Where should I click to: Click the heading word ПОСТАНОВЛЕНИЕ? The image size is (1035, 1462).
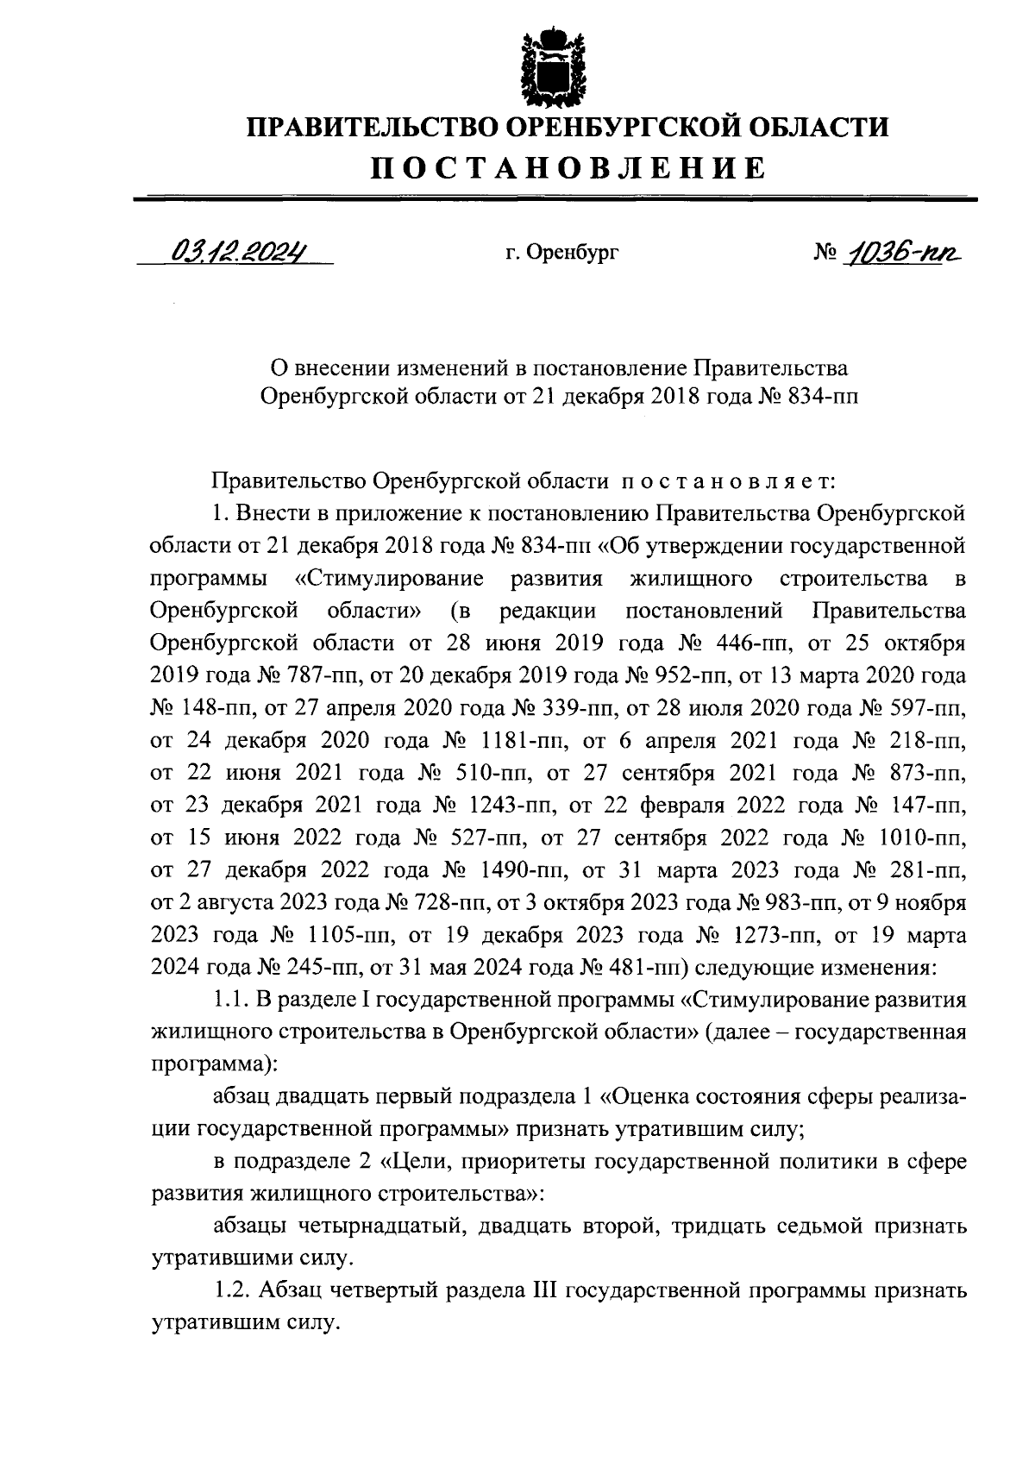coord(568,167)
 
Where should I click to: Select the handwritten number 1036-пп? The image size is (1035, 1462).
coord(904,252)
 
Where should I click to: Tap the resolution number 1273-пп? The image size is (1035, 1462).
coord(776,935)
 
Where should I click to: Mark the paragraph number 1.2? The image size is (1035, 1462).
coord(229,1291)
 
